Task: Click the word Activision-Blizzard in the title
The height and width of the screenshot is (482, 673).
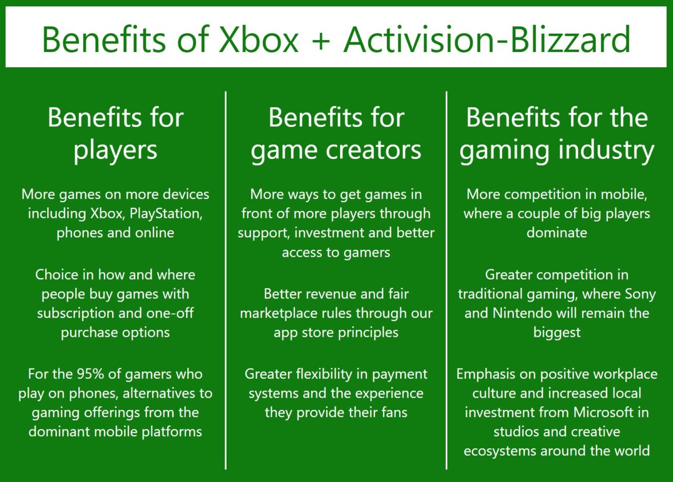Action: (487, 38)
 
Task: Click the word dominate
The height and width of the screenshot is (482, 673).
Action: (557, 233)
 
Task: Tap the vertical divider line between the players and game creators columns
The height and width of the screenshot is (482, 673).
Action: (226, 279)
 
